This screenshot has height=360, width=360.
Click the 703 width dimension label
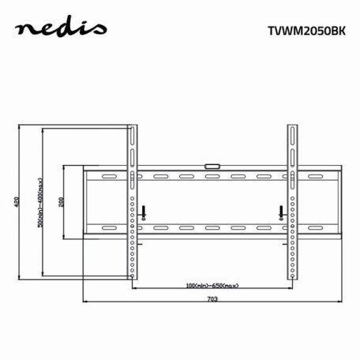212,299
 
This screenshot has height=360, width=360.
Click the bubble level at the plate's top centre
212,166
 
